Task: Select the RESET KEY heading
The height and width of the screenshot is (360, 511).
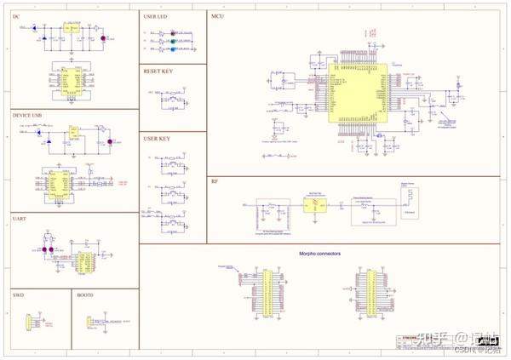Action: coord(158,71)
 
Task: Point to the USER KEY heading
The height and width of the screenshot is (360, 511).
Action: coord(158,138)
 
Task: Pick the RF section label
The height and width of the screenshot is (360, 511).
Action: coord(215,182)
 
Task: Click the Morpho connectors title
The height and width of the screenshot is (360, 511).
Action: coord(319,253)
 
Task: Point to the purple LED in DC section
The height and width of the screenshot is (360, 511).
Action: coord(103,38)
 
